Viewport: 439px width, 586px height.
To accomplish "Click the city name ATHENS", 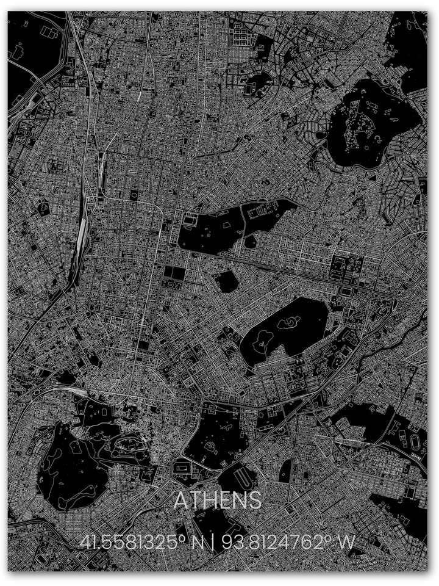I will [x=218, y=501].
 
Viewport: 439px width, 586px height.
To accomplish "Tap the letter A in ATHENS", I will [x=181, y=501].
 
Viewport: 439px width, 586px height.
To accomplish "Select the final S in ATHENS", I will [x=254, y=501].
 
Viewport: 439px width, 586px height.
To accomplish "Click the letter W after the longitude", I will [x=349, y=542].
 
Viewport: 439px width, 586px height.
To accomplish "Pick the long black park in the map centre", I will [x=235, y=226].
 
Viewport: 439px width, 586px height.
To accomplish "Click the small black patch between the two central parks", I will [x=227, y=281].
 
